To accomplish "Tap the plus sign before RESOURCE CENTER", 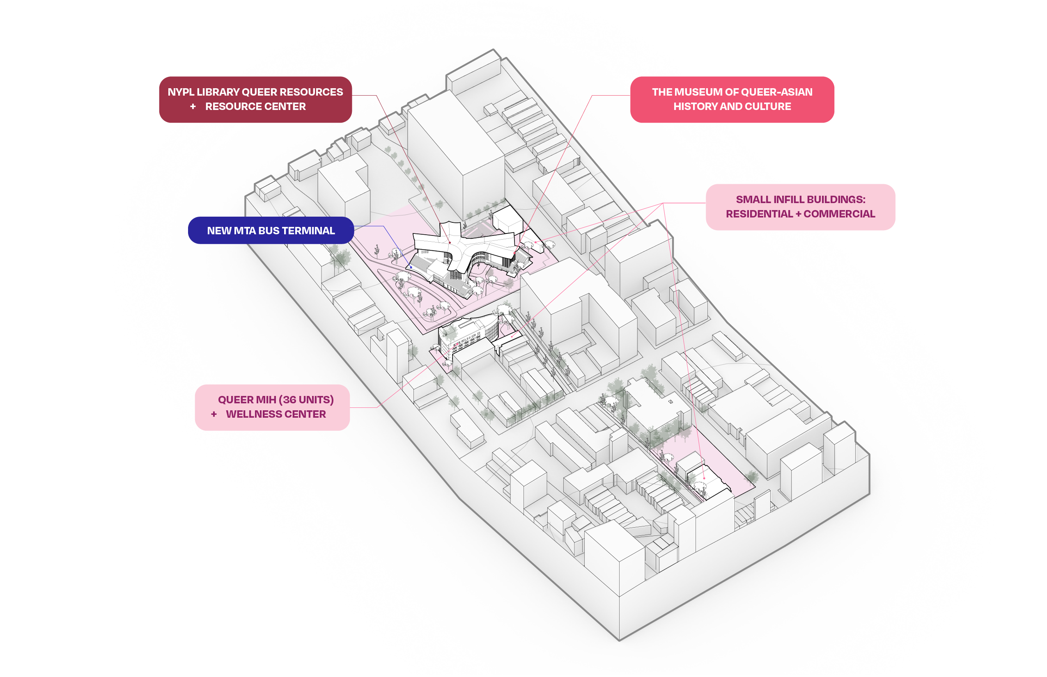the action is [193, 107].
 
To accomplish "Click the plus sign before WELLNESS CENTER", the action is [214, 414].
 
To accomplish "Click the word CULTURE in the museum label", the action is [769, 107].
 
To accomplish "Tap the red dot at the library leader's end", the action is [450, 242].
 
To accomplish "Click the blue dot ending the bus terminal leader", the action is [411, 267].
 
